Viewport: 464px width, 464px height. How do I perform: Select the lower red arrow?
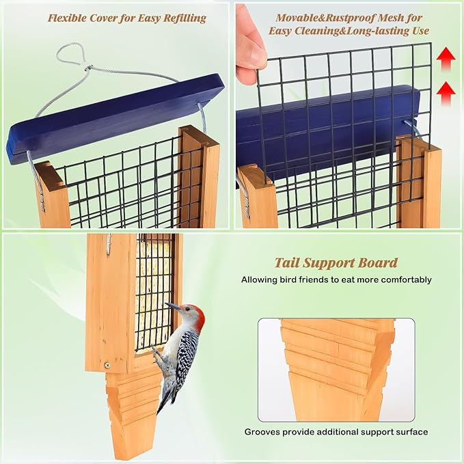[x=446, y=90]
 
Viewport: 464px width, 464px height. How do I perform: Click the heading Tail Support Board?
[x=336, y=262]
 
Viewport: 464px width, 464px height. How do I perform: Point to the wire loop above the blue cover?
[x=72, y=56]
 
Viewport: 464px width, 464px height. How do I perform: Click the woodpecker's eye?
[x=187, y=311]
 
